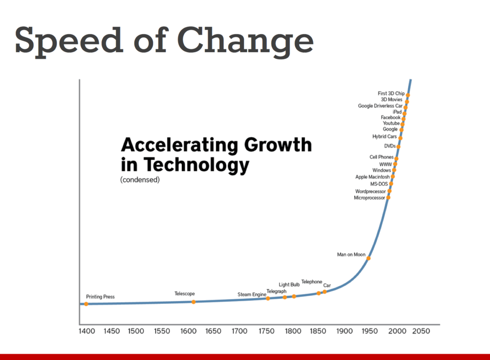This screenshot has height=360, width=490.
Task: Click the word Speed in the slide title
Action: click(x=67, y=41)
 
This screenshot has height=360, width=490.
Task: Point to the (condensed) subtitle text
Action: click(x=140, y=180)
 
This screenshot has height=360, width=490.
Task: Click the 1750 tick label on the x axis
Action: click(x=266, y=331)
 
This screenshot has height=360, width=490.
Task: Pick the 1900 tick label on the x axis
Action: click(x=344, y=331)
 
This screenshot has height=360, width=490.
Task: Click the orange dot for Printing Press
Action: click(x=86, y=304)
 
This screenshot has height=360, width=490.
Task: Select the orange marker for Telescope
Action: click(x=193, y=302)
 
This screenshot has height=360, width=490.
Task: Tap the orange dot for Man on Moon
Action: click(x=368, y=259)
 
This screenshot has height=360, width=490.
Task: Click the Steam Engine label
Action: click(x=252, y=294)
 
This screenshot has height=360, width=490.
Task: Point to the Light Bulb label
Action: click(x=289, y=285)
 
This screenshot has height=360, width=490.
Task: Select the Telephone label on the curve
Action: click(x=312, y=282)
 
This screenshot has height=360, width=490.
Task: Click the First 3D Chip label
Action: click(x=391, y=93)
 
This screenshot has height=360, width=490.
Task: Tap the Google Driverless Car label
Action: click(x=380, y=106)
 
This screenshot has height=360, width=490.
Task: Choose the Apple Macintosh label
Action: click(x=372, y=177)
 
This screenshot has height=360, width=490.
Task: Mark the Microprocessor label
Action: click(x=369, y=198)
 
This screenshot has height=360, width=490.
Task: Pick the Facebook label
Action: click(x=390, y=117)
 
